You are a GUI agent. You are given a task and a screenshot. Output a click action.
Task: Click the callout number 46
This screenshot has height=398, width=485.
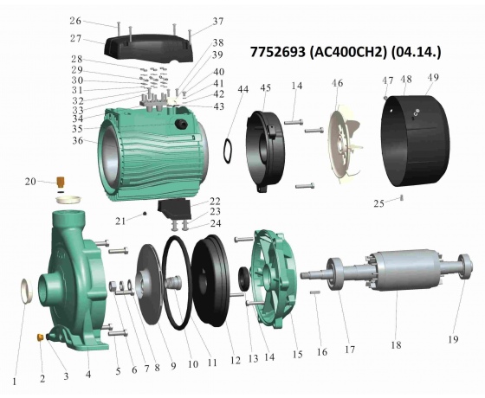[338, 83]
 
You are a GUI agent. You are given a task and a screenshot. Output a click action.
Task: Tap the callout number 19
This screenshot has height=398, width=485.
[453, 339]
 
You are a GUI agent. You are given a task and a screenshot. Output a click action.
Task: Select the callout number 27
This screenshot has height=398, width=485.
[75, 39]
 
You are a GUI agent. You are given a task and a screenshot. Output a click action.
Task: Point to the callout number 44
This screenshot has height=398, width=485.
[243, 89]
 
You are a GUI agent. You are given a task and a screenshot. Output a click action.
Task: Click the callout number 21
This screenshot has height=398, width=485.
[120, 221]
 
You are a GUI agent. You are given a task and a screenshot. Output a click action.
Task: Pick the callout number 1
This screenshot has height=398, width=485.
[14, 382]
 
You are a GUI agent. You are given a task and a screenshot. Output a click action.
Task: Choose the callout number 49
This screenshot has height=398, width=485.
[433, 77]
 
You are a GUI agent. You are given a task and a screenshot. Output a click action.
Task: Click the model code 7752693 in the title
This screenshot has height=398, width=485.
[277, 52]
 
